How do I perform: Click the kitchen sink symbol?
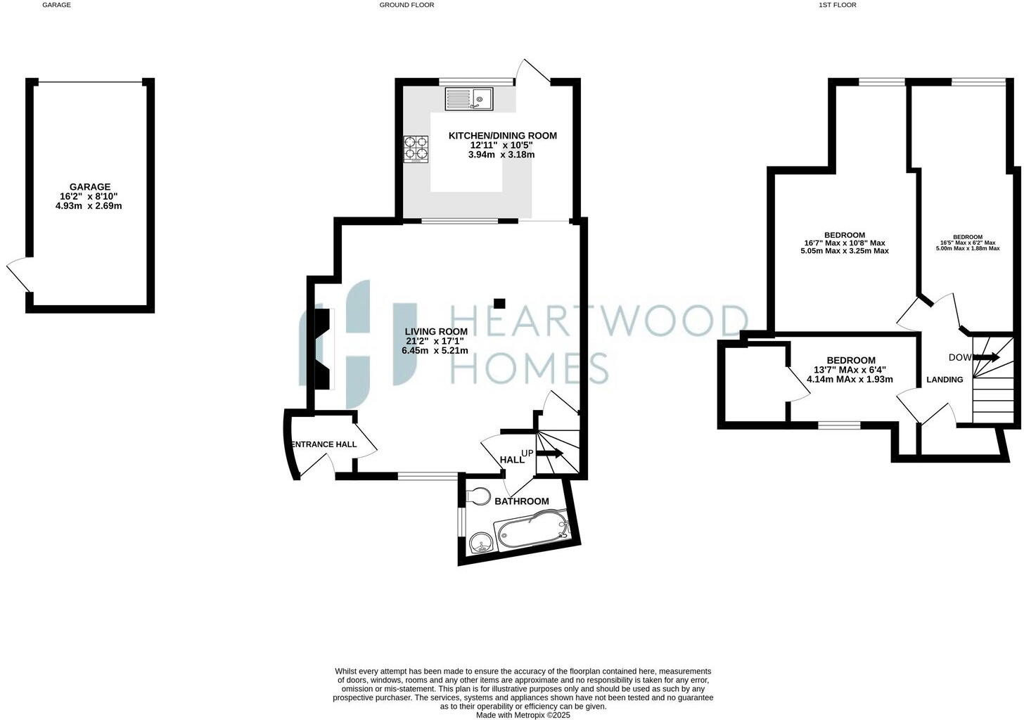coord(468,98)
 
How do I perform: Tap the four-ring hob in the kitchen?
coord(416,148)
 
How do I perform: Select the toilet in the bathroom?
coord(478,496)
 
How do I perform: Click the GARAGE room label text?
coord(89,187)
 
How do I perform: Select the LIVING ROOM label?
coord(435,332)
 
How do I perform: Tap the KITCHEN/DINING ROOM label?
coord(502,136)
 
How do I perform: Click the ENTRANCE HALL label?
coord(324,444)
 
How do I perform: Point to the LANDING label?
coord(945,380)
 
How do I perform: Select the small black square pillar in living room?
coord(499,303)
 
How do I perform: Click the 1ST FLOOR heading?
coord(837,5)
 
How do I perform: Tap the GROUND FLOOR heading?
coord(407,5)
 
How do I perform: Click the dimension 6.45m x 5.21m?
coord(435,350)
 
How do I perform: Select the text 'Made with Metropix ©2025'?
coord(523,715)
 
